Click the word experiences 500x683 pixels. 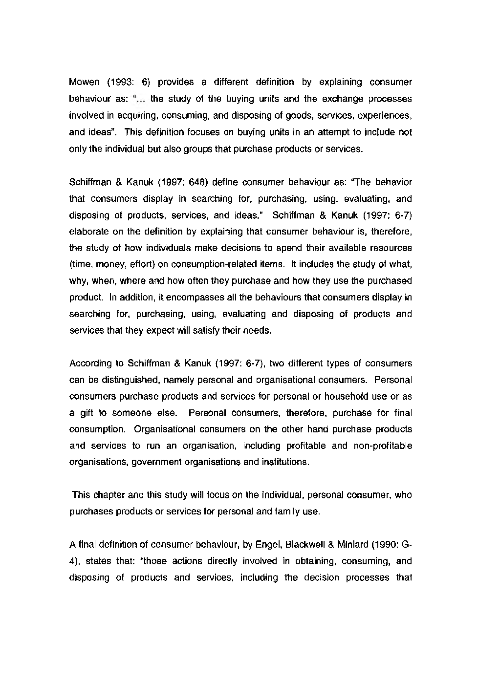point(388,116)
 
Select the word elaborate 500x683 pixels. point(86,232)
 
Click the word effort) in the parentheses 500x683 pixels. point(141,264)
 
